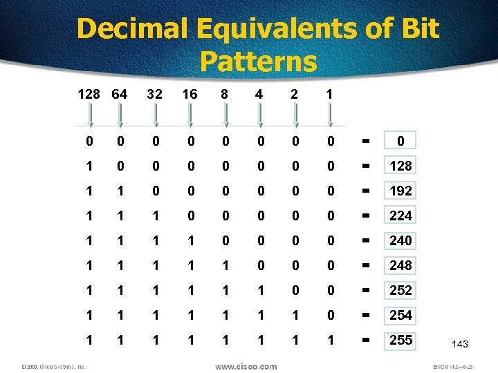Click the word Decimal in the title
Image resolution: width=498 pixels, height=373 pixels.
coord(132,29)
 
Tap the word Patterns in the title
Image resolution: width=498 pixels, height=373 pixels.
coord(257,61)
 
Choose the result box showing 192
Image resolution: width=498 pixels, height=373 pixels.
coord(400,191)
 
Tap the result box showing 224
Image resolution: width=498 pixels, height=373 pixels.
coord(400,216)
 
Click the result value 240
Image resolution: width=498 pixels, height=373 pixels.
coord(400,240)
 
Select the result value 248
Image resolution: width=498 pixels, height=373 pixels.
coord(400,265)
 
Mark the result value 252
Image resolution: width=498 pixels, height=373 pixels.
coord(400,290)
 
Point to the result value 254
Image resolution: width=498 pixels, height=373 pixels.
coord(400,315)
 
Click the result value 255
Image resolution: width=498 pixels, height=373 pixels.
coord(400,340)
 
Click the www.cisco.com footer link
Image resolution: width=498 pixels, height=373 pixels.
coord(246,366)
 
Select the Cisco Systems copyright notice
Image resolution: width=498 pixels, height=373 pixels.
coord(53,367)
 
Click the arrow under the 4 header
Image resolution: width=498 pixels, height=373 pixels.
coord(260,115)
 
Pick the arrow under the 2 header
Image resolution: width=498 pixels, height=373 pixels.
coord(295,115)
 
